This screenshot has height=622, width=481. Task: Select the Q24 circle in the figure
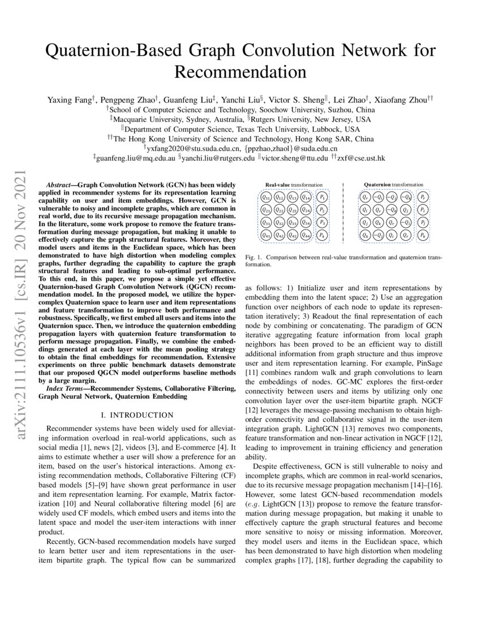pyautogui.click(x=306, y=210)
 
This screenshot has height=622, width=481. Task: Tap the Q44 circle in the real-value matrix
pyautogui.click(x=306, y=235)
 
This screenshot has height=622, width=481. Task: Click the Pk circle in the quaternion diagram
pyautogui.click(x=423, y=235)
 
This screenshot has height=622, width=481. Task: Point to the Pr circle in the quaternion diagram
pyautogui.click(x=423, y=197)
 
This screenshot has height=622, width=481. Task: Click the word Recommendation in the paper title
pyautogui.click(x=240, y=72)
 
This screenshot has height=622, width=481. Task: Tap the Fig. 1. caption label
pyautogui.click(x=254, y=257)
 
